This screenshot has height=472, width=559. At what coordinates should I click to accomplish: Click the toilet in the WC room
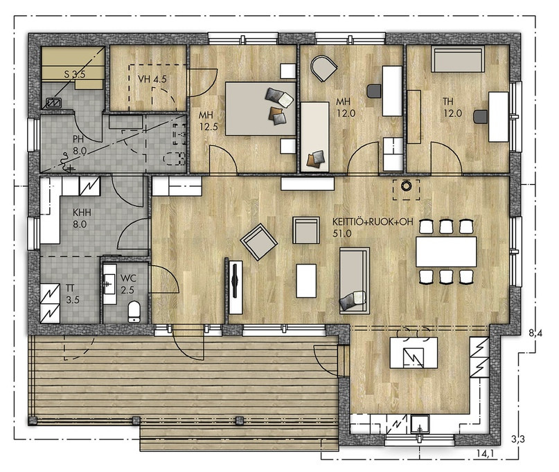point(134,311)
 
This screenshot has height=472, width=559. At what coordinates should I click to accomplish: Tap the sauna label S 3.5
point(75,75)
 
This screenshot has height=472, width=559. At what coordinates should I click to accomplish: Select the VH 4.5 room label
point(152,79)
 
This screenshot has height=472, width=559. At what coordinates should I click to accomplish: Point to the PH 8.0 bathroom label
point(80,145)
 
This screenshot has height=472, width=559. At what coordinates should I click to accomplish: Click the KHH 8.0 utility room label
point(82,219)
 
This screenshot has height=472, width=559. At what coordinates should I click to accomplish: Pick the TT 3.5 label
point(72,294)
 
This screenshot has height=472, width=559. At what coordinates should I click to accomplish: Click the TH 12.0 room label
point(452,107)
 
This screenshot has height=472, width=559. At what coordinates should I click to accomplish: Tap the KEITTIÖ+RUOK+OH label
point(373,222)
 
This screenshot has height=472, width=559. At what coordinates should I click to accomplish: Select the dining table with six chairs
point(446,251)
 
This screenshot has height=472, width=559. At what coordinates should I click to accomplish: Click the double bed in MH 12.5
point(260,109)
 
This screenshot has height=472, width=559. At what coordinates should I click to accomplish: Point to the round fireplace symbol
point(406,185)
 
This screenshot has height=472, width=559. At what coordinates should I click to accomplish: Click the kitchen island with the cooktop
point(414,353)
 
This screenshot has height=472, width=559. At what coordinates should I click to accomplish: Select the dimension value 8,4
point(535,334)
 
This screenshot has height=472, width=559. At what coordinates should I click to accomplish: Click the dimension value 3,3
point(517,439)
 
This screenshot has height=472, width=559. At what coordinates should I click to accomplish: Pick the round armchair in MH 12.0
point(323,68)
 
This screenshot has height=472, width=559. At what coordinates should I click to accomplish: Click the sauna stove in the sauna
point(54,102)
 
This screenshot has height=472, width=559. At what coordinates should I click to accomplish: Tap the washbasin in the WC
point(109,284)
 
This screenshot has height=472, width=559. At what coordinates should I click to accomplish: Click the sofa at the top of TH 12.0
point(458,59)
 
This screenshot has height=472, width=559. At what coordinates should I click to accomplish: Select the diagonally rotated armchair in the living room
point(259,242)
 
